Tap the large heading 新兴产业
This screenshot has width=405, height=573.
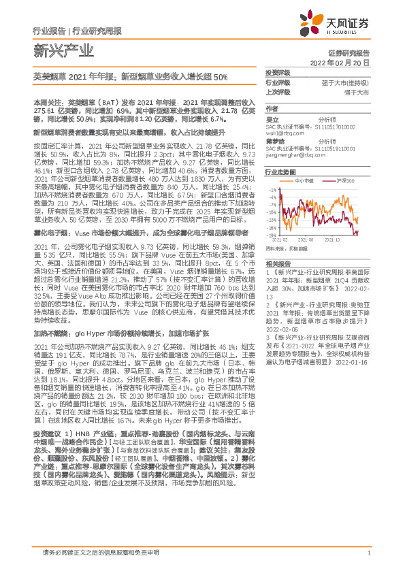pyautogui.click(x=55, y=50)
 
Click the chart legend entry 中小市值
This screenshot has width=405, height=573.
pyautogui.click(x=304, y=180)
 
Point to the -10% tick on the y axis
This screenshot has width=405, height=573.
pyautogui.click(x=272, y=211)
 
